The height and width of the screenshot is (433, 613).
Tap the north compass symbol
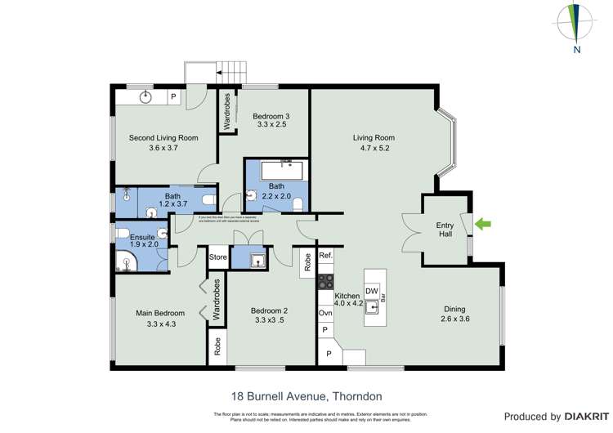pyautogui.click(x=577, y=25)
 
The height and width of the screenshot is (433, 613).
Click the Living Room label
pyautogui.click(x=374, y=138)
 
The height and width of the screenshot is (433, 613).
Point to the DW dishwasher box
pyautogui.click(x=371, y=292)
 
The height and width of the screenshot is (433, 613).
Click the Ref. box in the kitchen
pyautogui.click(x=325, y=257)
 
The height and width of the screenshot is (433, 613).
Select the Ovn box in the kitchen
pyautogui.click(x=325, y=313)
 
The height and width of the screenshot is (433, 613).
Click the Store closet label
pyautogui.click(x=217, y=257)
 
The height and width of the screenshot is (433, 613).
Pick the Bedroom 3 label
pyautogui.click(x=271, y=116)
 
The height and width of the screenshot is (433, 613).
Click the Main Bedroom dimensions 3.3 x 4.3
pyautogui.click(x=161, y=324)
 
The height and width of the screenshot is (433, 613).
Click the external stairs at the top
pyautogui.click(x=204, y=73)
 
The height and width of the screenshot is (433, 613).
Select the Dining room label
pyautogui.click(x=454, y=309)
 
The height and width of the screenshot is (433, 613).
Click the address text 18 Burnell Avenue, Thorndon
pyautogui.click(x=306, y=396)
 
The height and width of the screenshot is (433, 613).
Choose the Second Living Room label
pyautogui.click(x=163, y=138)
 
